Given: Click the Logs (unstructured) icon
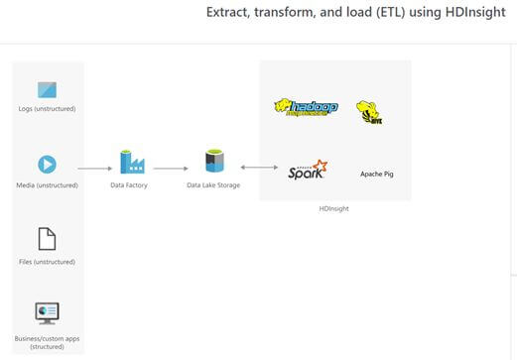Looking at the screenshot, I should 47,90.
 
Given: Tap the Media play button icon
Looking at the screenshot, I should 47,165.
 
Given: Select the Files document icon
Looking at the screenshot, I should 47,239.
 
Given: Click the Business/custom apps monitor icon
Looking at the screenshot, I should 47,313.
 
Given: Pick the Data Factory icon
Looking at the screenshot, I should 131,162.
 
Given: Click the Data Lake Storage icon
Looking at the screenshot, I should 213,162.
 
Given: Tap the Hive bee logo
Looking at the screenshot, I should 369,112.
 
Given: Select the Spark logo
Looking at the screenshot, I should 308,170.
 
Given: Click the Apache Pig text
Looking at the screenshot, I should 378,174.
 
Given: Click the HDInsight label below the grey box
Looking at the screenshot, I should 334,208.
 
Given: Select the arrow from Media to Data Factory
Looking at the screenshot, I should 94,169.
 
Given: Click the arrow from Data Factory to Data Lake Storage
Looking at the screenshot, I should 171,169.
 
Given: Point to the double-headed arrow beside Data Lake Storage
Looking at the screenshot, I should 257,169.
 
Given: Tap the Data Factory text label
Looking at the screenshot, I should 129,185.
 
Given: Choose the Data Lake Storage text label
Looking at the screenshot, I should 213,185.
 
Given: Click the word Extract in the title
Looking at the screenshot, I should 225,13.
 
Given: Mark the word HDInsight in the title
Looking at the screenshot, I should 474,13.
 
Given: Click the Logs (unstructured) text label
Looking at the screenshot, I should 47,109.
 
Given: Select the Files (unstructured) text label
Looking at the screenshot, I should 47,262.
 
